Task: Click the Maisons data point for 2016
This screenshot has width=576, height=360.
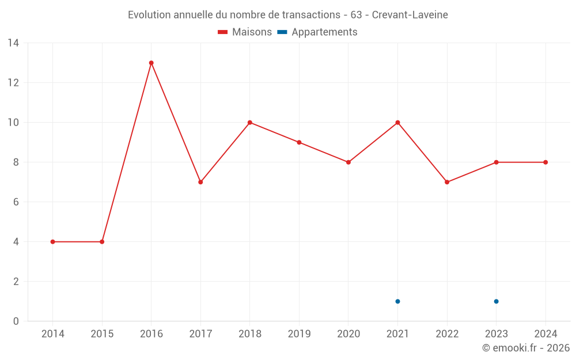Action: [x=151, y=63]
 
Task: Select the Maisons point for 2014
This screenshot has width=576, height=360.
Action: [x=53, y=242]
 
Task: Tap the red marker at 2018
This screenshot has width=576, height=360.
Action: [x=250, y=123]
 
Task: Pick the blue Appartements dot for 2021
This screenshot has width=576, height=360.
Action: [x=397, y=301]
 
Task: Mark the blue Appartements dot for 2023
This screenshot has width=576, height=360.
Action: [x=496, y=301]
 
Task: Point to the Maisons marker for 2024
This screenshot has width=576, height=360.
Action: [x=545, y=162]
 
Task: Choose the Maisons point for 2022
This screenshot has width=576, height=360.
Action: [x=447, y=182]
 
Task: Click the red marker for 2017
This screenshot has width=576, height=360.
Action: [x=200, y=182]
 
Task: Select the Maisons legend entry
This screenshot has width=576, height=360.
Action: [x=245, y=32]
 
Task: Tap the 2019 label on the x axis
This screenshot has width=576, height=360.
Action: [x=299, y=334]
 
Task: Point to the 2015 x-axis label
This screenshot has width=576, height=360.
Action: [x=102, y=334]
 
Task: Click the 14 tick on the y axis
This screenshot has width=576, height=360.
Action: [x=13, y=43]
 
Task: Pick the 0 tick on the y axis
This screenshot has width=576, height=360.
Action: [x=16, y=321]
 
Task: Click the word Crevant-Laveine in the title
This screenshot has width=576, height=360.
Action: [x=410, y=15]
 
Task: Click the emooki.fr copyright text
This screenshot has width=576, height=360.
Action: [x=526, y=348]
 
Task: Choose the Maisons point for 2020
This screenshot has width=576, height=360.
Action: [x=348, y=162]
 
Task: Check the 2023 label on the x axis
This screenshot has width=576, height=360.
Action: [x=496, y=334]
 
